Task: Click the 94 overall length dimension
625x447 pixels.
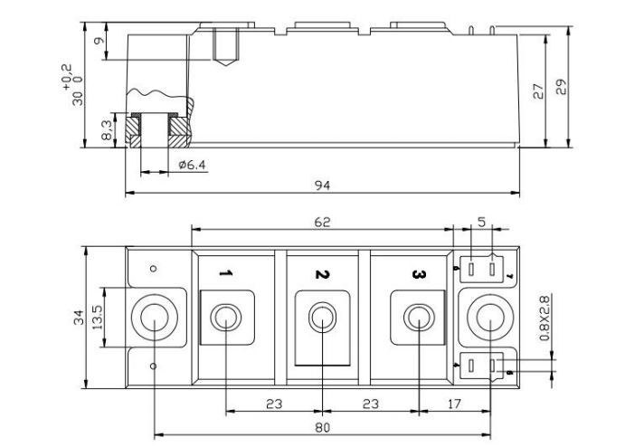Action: [322, 185]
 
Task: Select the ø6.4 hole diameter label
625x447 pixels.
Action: [193, 165]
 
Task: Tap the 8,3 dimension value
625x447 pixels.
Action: [108, 132]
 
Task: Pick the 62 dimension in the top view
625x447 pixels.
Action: [322, 222]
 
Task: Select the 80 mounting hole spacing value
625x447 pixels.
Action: [322, 425]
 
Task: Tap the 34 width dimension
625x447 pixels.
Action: [80, 318]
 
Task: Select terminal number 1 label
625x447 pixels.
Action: [227, 273]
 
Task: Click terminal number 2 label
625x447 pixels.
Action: [321, 273]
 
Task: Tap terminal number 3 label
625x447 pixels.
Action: [417, 273]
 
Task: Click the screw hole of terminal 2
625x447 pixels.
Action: [321, 318]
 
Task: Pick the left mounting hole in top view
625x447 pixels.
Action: [156, 319]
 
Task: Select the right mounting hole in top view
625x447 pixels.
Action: [489, 319]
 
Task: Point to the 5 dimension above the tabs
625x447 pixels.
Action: [482, 222]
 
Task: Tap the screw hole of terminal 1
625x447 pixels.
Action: [225, 318]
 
